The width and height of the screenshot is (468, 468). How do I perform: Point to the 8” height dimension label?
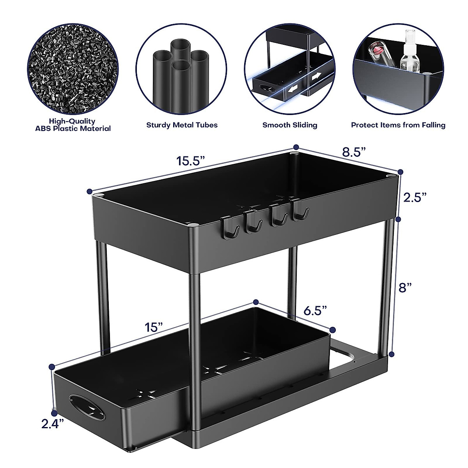(x=406, y=288)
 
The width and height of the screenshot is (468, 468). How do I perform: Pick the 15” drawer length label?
(x=154, y=327)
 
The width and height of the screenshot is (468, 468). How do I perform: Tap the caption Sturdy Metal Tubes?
(x=182, y=125)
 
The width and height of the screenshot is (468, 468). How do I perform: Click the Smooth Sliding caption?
(x=290, y=125)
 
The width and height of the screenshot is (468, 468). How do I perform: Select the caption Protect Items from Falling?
(x=398, y=125)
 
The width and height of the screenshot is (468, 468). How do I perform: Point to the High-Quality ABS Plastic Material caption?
(x=72, y=125)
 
